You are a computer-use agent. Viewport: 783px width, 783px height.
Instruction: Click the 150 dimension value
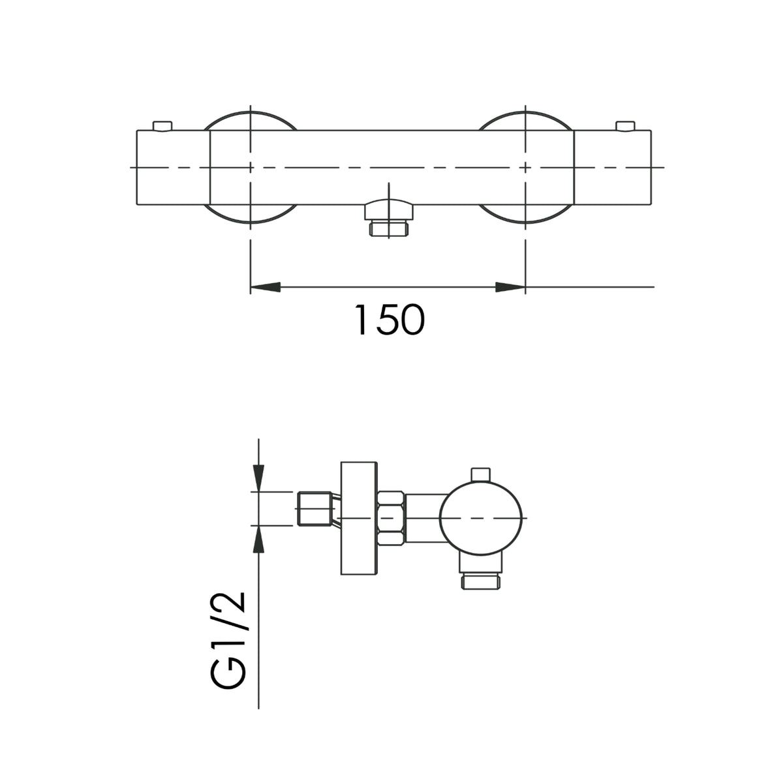(390, 320)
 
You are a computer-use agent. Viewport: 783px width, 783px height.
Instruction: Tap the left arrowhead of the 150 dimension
(266, 287)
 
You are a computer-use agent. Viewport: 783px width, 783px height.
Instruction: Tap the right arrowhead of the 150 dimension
(510, 287)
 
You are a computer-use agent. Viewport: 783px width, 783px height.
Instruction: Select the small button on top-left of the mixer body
(162, 126)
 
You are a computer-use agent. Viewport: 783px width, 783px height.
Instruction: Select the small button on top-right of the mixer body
(625, 126)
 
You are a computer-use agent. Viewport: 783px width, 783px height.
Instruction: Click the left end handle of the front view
(173, 168)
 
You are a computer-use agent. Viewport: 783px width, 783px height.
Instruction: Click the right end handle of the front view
(612, 168)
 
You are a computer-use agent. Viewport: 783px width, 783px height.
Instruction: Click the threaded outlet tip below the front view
(389, 228)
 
